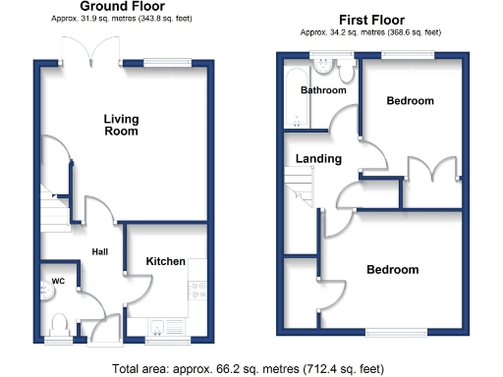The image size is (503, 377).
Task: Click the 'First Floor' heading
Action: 372,19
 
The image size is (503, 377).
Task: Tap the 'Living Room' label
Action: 122,125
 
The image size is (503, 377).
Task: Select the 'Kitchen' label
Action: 165,261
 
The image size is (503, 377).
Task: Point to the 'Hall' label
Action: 100,252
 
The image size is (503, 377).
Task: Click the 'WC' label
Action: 57,282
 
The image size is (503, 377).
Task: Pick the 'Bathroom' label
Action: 323,90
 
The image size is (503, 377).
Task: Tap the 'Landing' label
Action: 318,159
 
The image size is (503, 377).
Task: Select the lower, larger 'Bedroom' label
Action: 392,270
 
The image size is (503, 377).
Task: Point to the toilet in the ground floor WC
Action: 58,323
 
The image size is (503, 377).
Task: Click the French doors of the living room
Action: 84,51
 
